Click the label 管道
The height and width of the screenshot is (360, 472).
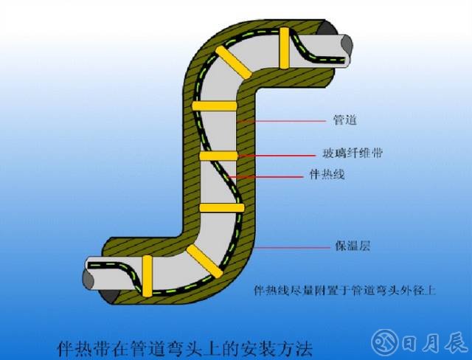click(345, 120)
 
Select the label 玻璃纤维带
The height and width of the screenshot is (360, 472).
click(353, 153)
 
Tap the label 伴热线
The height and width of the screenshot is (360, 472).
click(327, 174)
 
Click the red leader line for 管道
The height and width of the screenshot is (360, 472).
click(281, 122)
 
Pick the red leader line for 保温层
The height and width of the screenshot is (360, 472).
click(293, 248)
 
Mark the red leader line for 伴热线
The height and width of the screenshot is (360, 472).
click(266, 177)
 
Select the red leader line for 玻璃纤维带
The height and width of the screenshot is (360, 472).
click(277, 156)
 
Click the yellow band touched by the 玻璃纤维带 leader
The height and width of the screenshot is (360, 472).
click(219, 156)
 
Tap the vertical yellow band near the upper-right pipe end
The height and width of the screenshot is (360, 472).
click(285, 48)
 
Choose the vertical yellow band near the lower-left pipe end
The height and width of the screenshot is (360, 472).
click(147, 276)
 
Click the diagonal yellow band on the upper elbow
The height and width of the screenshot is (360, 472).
click(233, 62)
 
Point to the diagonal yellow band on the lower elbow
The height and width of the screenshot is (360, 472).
click(205, 261)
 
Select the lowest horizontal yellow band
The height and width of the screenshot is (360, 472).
click(222, 208)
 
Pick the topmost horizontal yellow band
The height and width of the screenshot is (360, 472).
click(215, 106)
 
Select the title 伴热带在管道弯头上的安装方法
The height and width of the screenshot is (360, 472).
click(184, 348)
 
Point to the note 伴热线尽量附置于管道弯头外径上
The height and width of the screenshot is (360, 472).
click(345, 291)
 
